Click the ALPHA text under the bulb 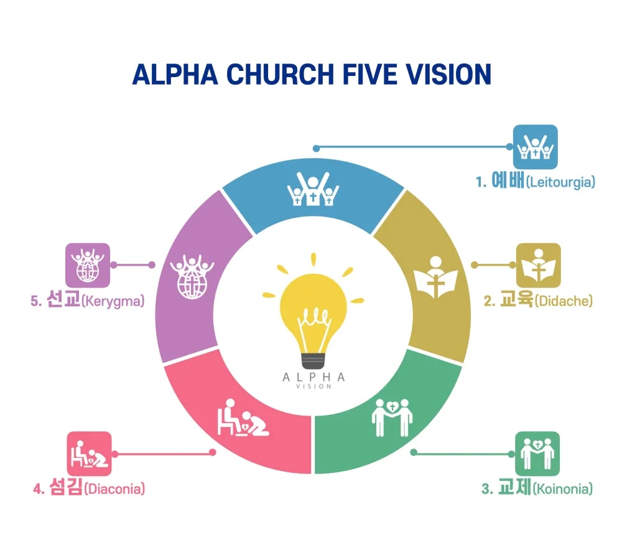click(313, 377)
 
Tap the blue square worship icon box click(535, 147)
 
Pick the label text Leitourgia click(560, 182)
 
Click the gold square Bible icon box click(538, 265)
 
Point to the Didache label click(563, 301)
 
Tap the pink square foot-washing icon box click(89, 454)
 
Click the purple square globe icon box click(88, 265)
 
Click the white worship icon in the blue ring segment click(313, 188)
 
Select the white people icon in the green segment click(392, 417)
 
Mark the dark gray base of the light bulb click(313, 360)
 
